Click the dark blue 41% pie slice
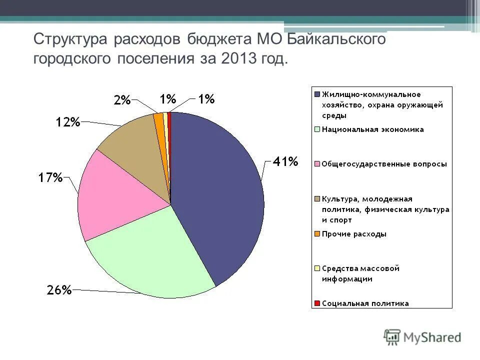220,195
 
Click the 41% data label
285,161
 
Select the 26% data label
59,290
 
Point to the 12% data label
67,122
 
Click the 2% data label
122,100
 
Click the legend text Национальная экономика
372,129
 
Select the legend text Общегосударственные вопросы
384,164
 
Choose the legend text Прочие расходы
354,234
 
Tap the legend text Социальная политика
365,303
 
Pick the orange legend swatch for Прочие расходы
317,234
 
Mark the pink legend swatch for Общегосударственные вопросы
317,164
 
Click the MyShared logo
422,337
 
